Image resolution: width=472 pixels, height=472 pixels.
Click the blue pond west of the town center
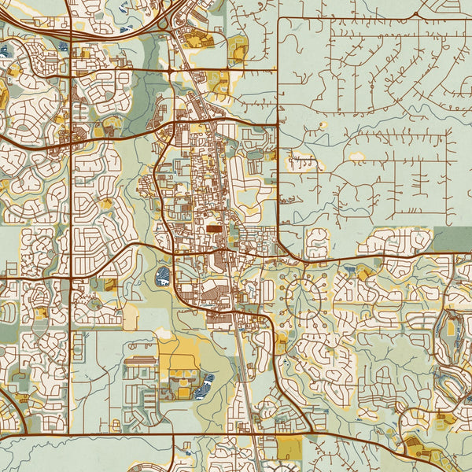[163, 275]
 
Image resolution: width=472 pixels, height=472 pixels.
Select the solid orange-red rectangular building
[214, 229]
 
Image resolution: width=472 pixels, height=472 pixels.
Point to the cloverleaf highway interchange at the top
[165, 20]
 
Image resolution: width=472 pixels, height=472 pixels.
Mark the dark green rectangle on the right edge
[452, 239]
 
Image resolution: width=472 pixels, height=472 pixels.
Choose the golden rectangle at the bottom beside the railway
[289, 449]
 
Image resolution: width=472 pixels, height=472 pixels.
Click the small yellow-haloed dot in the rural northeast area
[322, 125]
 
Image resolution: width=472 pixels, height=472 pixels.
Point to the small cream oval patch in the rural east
[357, 157]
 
